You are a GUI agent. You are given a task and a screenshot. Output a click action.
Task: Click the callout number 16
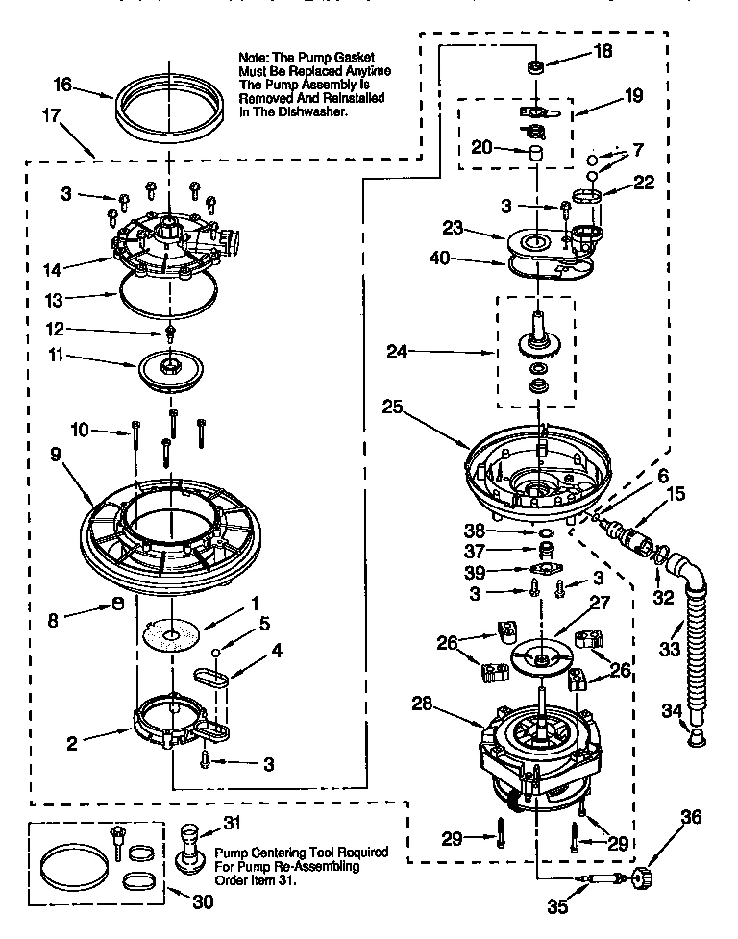click(x=63, y=85)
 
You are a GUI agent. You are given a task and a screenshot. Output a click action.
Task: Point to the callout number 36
click(x=691, y=819)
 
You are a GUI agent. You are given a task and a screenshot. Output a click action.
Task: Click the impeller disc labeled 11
click(x=171, y=371)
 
